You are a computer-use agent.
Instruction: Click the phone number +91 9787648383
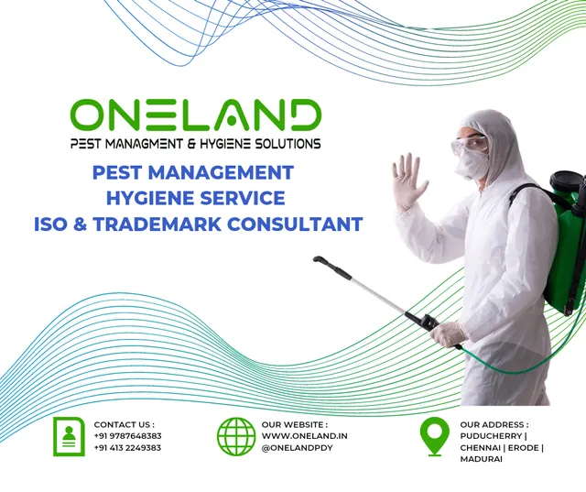[127, 436]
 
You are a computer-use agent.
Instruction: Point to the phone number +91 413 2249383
[127, 448]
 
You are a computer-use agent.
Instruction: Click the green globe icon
[236, 436]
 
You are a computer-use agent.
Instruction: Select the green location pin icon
[434, 435]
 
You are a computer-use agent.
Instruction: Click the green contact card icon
[69, 436]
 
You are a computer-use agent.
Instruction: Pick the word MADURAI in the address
[481, 459]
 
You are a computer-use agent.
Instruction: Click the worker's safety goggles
[471, 144]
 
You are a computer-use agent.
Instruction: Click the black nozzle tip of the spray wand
[318, 260]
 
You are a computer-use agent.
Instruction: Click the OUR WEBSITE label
[294, 424]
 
